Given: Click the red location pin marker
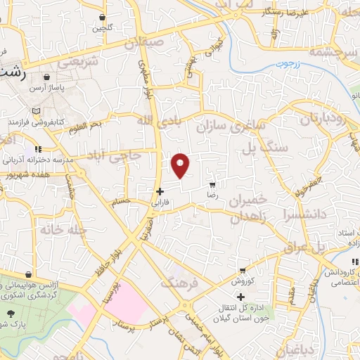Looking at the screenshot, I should click(x=181, y=165).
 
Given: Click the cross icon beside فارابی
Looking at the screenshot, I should click(x=160, y=191).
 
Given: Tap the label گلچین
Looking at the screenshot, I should click(x=103, y=28).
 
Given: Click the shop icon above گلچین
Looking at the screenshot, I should click(x=103, y=17).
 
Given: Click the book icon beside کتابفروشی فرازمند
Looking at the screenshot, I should click(x=37, y=112).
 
